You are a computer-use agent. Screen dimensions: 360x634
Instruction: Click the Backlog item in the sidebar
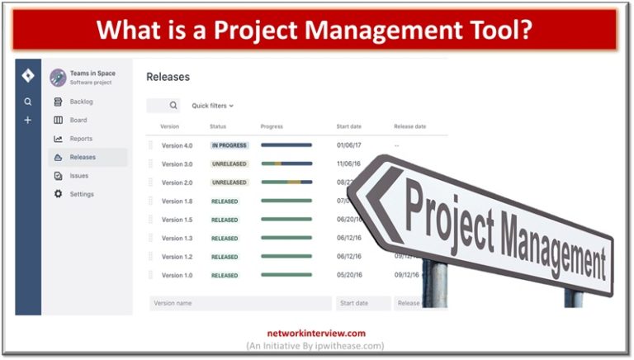81,102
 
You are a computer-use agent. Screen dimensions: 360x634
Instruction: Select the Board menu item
78,120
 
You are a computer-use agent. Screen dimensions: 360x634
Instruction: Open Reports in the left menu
81,139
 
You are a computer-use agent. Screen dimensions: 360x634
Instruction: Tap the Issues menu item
79,176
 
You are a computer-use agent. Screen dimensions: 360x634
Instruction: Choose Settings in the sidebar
82,194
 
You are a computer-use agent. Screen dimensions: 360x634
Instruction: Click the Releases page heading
168,77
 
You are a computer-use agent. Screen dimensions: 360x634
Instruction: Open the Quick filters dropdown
213,106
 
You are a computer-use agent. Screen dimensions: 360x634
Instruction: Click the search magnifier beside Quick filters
173,106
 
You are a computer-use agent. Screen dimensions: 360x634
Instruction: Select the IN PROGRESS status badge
229,145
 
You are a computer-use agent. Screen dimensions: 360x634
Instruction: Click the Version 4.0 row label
177,145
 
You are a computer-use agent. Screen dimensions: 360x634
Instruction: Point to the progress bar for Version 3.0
286,163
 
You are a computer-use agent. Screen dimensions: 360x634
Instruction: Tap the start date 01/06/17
348,145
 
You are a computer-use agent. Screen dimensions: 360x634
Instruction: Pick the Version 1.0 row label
177,275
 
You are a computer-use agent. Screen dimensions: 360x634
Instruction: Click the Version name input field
240,303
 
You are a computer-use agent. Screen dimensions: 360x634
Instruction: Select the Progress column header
272,126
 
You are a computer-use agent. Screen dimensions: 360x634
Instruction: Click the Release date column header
409,126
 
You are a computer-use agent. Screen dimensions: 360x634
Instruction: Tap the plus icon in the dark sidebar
28,121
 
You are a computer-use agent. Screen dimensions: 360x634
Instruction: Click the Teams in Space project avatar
58,78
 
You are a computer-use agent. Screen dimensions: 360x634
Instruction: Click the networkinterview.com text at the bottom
316,334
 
